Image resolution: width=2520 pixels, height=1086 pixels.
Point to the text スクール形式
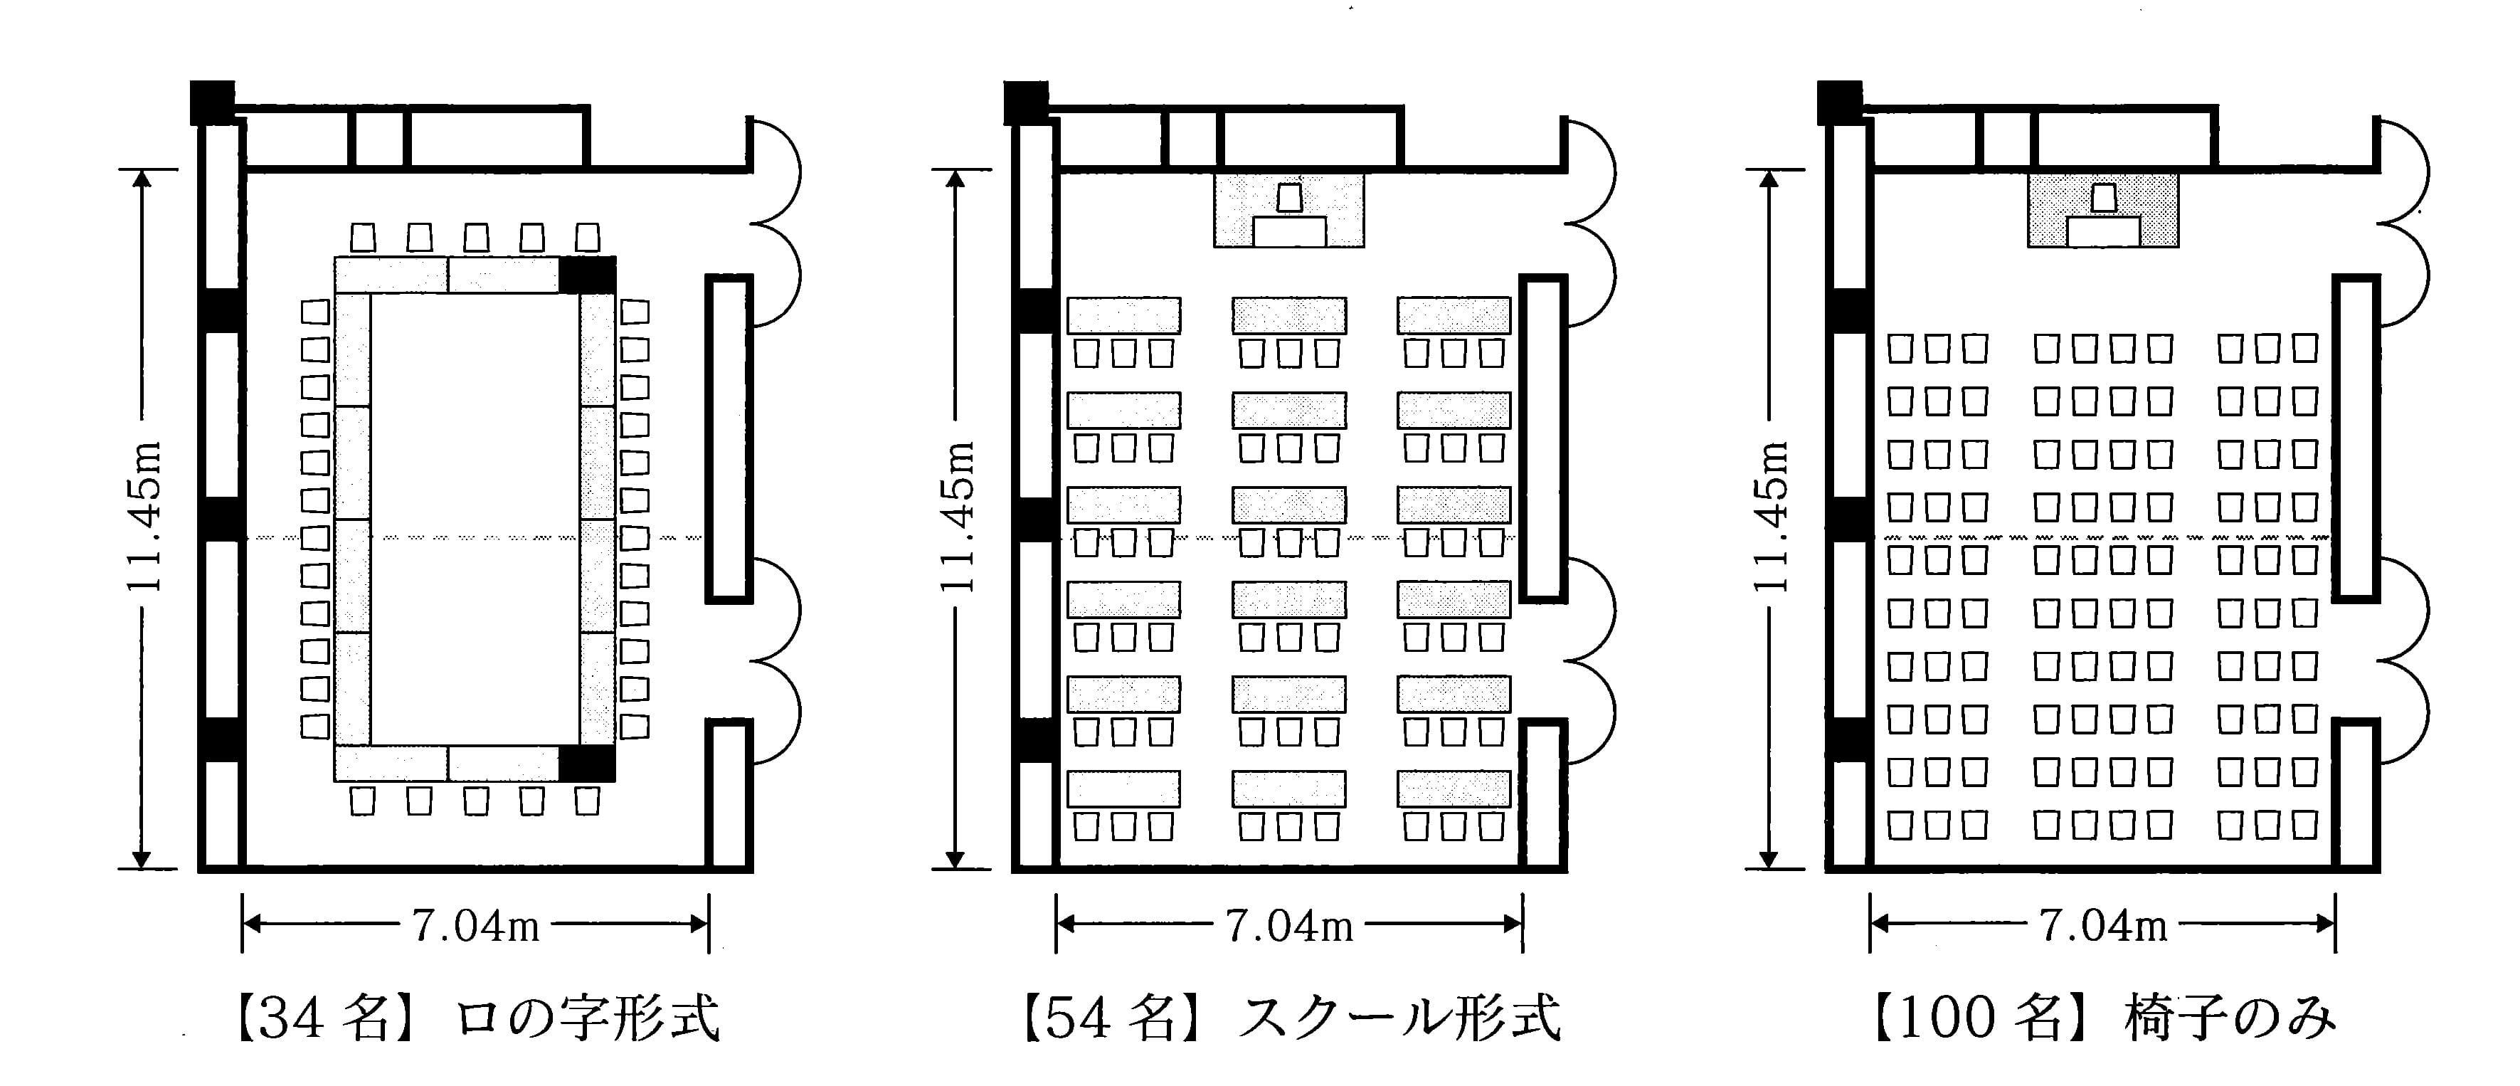(x=1399, y=1018)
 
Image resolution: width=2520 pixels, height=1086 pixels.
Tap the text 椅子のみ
(x=2231, y=1018)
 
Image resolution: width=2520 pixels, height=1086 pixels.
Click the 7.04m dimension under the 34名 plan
(x=475, y=924)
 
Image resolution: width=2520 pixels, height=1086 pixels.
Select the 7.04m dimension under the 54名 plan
(x=1289, y=924)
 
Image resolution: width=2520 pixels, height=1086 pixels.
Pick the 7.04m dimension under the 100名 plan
(x=2103, y=924)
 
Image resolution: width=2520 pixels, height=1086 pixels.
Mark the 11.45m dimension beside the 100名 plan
(x=1771, y=517)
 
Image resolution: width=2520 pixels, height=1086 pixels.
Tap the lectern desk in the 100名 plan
(x=2103, y=232)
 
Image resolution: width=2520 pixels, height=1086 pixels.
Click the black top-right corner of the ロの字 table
(x=588, y=275)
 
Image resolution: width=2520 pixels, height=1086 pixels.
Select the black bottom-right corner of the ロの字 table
(x=588, y=763)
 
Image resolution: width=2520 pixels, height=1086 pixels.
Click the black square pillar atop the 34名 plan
(x=211, y=102)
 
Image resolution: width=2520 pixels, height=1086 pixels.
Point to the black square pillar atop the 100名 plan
(x=1839, y=102)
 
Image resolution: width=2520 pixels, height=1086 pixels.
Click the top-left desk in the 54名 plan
(x=1123, y=315)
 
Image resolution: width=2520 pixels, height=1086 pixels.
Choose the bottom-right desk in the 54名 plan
(x=1454, y=789)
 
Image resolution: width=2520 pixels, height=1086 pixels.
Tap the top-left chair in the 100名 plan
(x=1900, y=348)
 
